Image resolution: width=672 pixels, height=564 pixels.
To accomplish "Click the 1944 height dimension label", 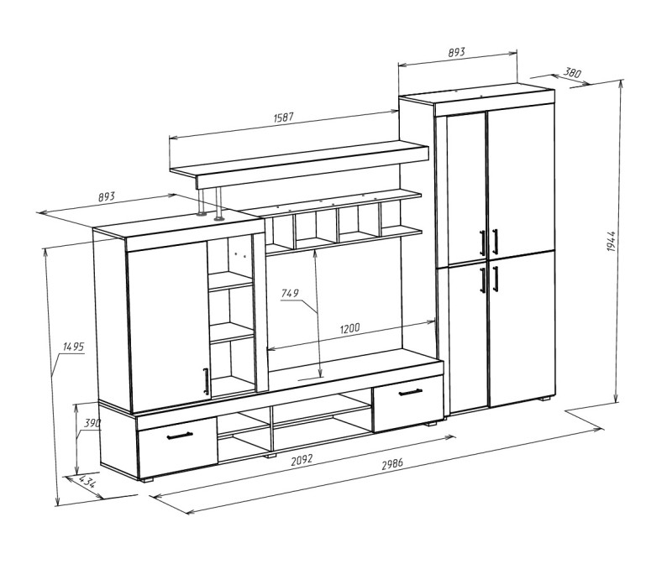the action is click(612, 241).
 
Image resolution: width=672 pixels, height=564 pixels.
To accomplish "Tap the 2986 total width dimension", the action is click(392, 464).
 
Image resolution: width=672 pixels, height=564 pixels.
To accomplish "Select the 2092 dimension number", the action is click(302, 461).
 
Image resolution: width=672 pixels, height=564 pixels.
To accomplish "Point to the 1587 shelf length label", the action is click(283, 117).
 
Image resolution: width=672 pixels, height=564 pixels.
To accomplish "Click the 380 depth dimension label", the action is click(572, 72).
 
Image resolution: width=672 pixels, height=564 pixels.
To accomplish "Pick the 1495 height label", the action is click(73, 347).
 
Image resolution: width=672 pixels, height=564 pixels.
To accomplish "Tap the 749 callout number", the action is click(290, 294).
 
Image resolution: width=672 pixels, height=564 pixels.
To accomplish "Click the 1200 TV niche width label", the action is click(349, 329).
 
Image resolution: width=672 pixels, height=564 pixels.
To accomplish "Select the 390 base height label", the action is click(92, 424).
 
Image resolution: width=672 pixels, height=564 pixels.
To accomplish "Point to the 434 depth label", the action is click(87, 482).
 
